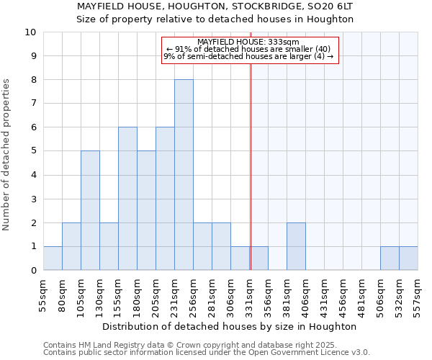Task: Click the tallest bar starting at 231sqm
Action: point(184,175)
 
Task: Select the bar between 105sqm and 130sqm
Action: point(90,210)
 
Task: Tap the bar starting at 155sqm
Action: point(127,199)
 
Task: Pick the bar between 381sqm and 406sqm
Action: point(296,246)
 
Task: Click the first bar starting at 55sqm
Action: point(53,258)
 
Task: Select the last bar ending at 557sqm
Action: point(408,258)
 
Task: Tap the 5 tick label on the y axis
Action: point(33,151)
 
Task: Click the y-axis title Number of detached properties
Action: point(7,156)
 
